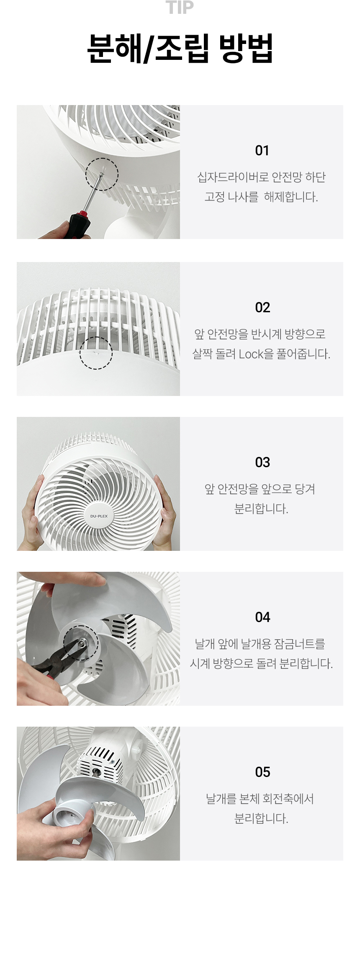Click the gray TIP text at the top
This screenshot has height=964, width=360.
point(180,7)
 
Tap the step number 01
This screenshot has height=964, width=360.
point(262,150)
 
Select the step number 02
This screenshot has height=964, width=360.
point(262,307)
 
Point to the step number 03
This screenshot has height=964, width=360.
point(262,462)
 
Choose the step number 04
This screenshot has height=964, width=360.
point(262,617)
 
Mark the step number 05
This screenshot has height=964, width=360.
point(262,772)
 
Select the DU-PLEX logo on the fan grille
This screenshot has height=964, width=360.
point(99,516)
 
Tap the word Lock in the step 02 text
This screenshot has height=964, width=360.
point(251,354)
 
